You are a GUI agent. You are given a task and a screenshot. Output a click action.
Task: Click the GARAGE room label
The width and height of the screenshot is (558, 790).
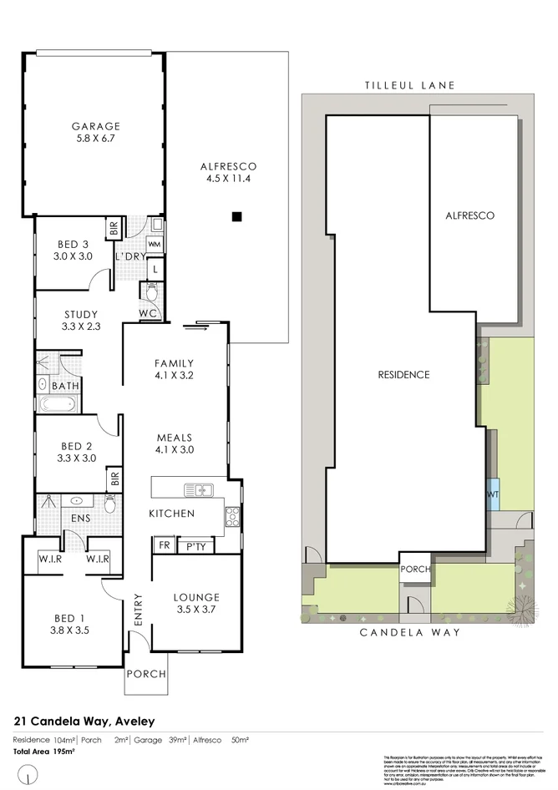click(95, 127)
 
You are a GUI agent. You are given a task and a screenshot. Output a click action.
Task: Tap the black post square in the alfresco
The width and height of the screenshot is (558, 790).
click(237, 217)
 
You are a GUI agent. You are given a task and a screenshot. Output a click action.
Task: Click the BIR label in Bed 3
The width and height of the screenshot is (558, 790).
click(111, 227)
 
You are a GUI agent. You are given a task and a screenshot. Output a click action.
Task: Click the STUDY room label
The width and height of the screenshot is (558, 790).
click(82, 315)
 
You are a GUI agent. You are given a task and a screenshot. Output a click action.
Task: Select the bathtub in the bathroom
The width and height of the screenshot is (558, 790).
click(58, 406)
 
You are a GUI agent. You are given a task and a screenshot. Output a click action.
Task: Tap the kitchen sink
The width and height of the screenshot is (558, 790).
click(200, 489)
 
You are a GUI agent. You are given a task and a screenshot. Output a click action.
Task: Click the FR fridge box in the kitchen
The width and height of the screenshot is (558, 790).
click(163, 546)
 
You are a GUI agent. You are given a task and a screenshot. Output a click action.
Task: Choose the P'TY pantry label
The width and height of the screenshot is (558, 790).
click(197, 546)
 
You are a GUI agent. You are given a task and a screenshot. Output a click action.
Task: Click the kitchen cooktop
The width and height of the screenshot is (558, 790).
click(232, 517)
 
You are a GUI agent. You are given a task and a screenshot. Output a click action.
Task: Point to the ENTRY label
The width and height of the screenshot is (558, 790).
click(138, 610)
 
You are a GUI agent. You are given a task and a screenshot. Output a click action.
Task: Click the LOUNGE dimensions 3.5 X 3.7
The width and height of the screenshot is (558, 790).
click(196, 611)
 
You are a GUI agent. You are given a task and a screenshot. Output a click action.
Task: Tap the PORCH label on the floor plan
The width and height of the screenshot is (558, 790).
click(145, 674)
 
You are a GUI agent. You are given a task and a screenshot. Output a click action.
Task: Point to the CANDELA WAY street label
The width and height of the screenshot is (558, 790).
click(409, 633)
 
